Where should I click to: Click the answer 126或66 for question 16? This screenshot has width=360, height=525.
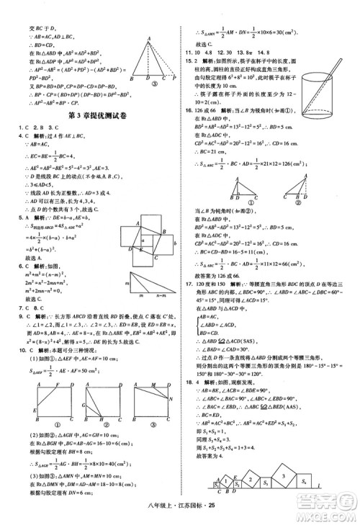(x=210, y=110)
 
